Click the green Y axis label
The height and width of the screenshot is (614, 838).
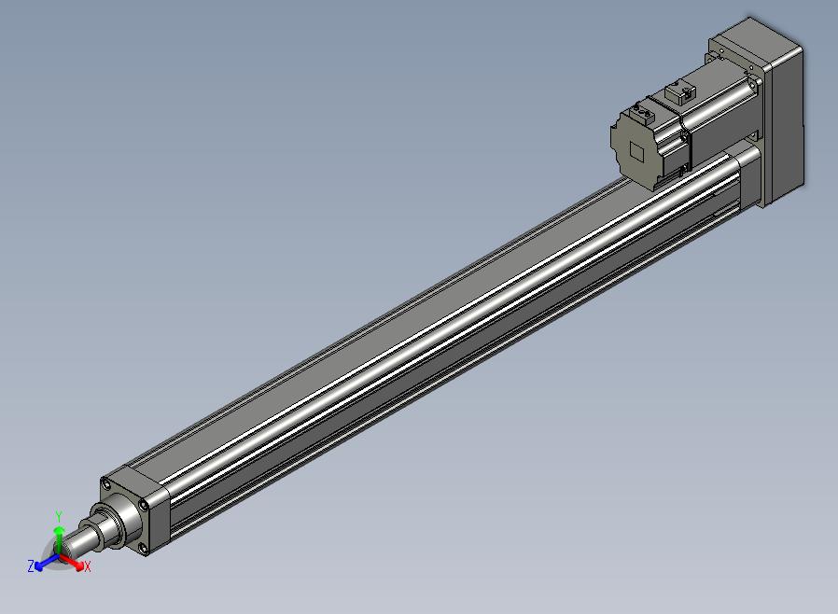pyautogui.click(x=59, y=516)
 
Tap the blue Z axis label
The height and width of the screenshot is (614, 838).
pyautogui.click(x=31, y=565)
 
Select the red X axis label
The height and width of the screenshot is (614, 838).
pyautogui.click(x=88, y=566)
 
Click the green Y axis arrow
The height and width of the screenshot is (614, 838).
pyautogui.click(x=59, y=539)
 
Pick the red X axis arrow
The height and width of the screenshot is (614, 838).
pyautogui.click(x=72, y=562)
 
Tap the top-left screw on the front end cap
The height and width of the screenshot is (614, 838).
pyautogui.click(x=107, y=485)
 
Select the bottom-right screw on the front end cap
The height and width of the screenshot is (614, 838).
pyautogui.click(x=142, y=547)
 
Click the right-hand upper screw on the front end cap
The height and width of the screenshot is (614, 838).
pyautogui.click(x=143, y=504)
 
